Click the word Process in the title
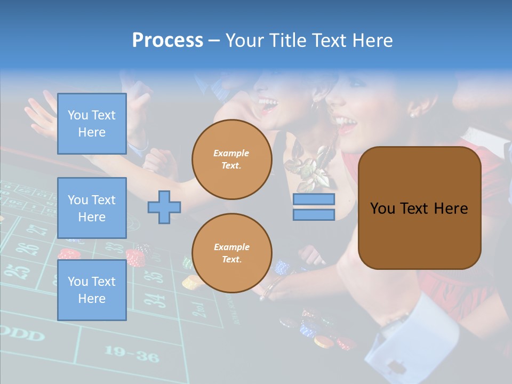click(167, 41)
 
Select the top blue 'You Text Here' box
click(92, 124)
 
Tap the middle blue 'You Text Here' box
click(92, 208)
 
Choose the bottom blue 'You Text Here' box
click(92, 290)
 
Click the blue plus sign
click(164, 207)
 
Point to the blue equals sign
click(314, 207)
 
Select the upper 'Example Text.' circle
click(231, 159)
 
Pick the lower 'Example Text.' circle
click(231, 253)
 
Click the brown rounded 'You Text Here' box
click(419, 208)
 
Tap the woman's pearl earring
click(412, 114)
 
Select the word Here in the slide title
click(372, 41)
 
